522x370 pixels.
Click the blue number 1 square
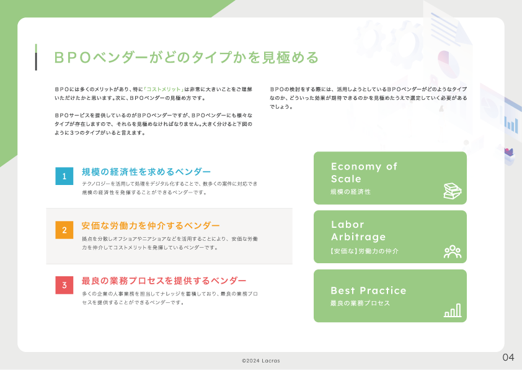click(x=64, y=176)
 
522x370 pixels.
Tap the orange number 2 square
click(x=64, y=230)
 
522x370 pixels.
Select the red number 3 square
click(x=64, y=285)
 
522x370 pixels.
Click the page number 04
click(x=508, y=358)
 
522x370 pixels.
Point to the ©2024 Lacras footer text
click(x=261, y=361)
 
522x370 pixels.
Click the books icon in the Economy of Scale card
click(x=453, y=191)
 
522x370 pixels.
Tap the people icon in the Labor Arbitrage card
click(x=453, y=251)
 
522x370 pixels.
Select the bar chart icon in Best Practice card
click(x=453, y=310)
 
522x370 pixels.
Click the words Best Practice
click(x=368, y=291)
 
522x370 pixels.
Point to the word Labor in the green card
click(x=348, y=224)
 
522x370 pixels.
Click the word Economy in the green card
click(x=356, y=166)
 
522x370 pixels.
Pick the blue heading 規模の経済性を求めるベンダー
click(x=146, y=172)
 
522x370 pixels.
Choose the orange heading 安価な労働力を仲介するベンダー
click(x=151, y=226)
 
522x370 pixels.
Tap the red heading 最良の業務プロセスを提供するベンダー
click(x=164, y=281)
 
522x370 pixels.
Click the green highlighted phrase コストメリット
click(x=164, y=89)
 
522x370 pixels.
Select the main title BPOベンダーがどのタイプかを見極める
click(x=187, y=57)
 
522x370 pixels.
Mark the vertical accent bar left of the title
click(x=36, y=57)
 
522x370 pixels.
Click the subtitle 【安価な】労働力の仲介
click(x=364, y=251)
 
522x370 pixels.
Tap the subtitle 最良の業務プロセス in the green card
click(x=360, y=303)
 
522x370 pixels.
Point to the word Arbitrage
click(x=358, y=237)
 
